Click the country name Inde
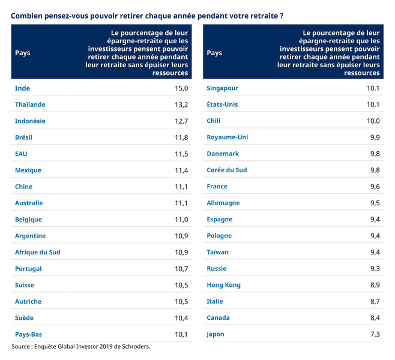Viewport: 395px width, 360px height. coord(22,88)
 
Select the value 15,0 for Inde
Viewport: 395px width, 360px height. coord(181,88)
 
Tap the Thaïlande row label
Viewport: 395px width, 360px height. coord(30,104)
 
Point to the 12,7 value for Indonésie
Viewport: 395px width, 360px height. coord(181,121)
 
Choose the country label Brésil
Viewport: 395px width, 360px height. coord(23,137)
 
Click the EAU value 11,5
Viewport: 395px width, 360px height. coord(181,154)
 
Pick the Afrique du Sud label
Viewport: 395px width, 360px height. coord(37,252)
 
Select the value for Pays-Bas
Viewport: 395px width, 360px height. coord(181,334)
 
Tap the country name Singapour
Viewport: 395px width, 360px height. coord(222,88)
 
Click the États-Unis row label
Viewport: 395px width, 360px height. coord(222,104)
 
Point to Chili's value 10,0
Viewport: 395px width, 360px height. coord(373,121)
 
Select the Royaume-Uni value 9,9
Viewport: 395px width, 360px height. coord(375,137)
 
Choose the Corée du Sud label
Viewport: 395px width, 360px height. coord(227,170)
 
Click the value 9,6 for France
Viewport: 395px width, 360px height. coord(375,187)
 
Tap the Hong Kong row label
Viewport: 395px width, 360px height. coord(223,285)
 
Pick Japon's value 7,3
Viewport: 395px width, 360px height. coord(375,334)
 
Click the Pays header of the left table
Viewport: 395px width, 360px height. coord(22,53)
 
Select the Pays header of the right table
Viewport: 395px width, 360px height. coord(214,53)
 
